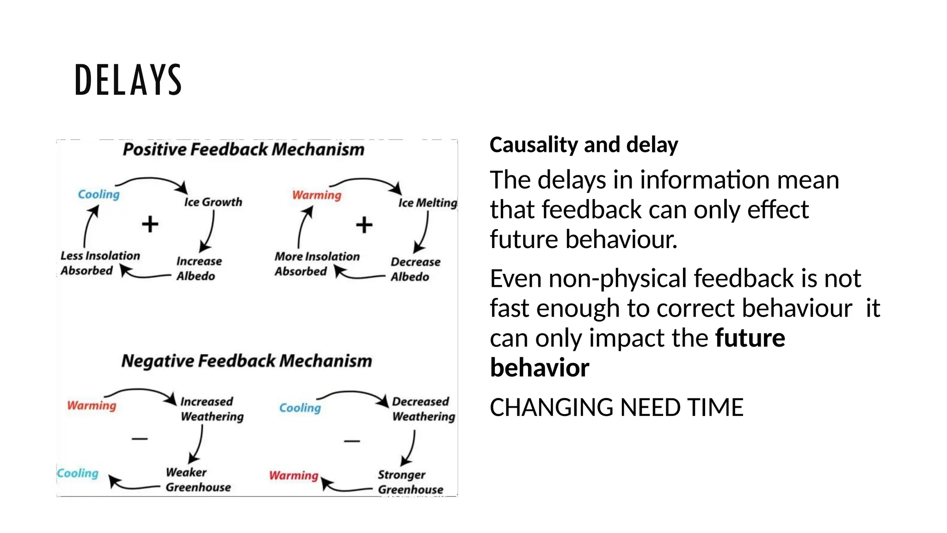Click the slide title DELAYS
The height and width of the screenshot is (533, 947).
[128, 80]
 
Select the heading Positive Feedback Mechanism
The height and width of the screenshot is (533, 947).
[244, 149]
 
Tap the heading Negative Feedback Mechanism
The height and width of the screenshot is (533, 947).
[246, 361]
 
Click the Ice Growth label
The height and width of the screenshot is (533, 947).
[213, 202]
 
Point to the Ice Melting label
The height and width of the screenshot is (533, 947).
[428, 203]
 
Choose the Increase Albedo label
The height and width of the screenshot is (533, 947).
[199, 269]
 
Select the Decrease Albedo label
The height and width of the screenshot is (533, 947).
[415, 269]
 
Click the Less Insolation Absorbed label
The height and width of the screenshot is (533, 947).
[100, 263]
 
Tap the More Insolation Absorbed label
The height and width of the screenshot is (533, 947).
[317, 264]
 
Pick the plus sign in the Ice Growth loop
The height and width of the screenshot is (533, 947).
[150, 224]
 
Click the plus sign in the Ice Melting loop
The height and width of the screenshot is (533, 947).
[364, 225]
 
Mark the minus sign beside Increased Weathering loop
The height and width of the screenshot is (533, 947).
[140, 438]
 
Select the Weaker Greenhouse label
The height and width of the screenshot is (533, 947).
[198, 480]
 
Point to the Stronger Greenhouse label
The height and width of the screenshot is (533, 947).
[410, 482]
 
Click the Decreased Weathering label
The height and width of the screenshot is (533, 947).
[423, 409]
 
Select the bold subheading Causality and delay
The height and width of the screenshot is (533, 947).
[584, 145]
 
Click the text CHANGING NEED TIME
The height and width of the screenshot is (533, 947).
[616, 408]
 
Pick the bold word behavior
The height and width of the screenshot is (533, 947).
[540, 368]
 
